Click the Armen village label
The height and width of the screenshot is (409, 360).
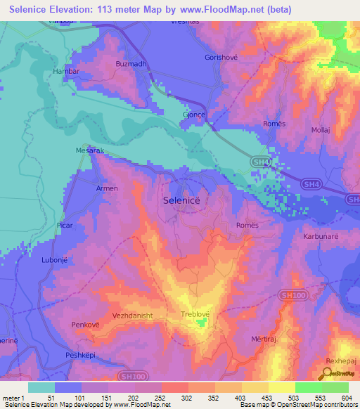[107, 188]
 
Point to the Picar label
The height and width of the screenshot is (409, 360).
[65, 225]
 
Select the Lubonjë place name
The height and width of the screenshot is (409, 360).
[56, 259]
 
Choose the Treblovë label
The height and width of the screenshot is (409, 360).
[196, 314]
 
